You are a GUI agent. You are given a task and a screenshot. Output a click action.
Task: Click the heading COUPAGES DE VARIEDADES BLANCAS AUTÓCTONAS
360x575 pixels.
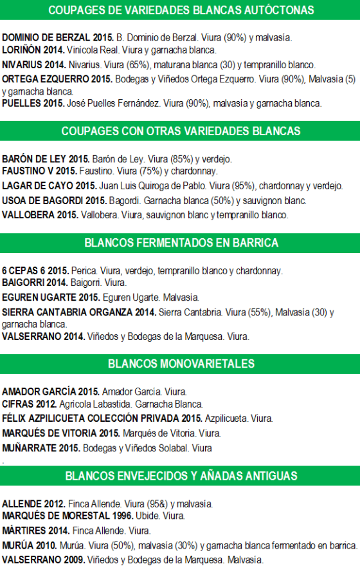(180, 10)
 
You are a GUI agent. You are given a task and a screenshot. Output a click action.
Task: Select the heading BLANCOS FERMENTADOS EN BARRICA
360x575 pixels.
(180, 243)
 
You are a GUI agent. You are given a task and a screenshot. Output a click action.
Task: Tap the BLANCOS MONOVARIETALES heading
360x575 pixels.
(180, 363)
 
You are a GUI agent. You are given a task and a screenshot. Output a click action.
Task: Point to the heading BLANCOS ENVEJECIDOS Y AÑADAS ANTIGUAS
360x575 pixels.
(180, 476)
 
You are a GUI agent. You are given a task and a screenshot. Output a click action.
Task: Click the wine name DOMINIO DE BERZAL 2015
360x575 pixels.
(56, 38)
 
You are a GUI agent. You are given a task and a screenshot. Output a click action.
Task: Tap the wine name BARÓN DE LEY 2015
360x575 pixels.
(46, 159)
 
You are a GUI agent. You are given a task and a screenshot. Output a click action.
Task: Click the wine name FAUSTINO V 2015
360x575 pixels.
(39, 171)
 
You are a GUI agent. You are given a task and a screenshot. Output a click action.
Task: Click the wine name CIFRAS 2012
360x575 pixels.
(29, 404)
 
